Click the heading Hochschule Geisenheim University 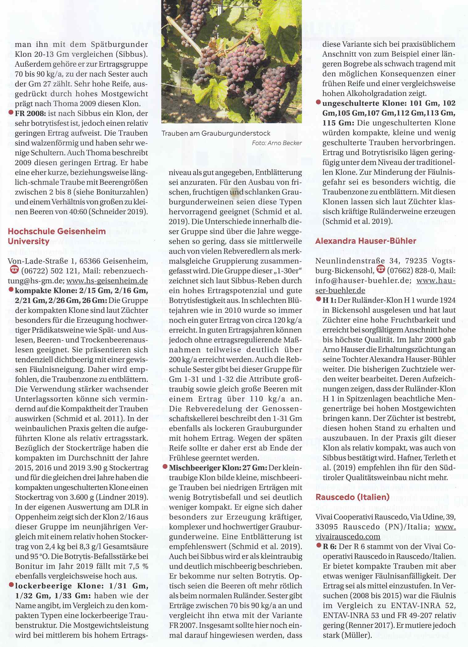(56, 236)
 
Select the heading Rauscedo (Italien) (352, 497)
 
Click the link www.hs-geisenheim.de (107, 281)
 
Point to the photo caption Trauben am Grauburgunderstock (216, 133)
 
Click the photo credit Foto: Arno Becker (277, 143)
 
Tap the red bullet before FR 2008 (11, 113)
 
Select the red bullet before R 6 (319, 546)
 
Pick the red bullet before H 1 (319, 300)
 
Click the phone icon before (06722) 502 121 (14, 271)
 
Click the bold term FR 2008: (30, 114)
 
